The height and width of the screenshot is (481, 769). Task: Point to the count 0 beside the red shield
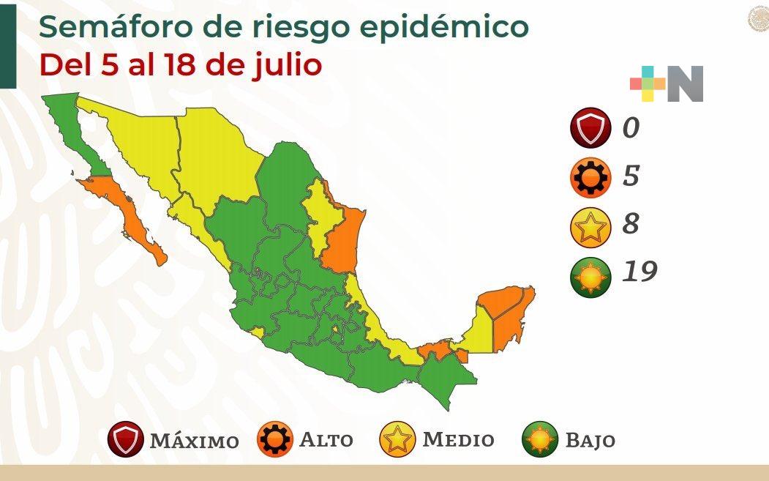(x=630, y=128)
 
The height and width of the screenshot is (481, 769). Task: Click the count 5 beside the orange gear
(x=630, y=176)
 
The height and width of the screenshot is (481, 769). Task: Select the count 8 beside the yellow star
(x=630, y=224)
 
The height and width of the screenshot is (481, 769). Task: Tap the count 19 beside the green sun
(x=639, y=272)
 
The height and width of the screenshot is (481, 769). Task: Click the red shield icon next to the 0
(x=590, y=128)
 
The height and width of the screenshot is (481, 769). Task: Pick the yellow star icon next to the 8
(x=590, y=226)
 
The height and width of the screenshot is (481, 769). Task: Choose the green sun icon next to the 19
(x=590, y=275)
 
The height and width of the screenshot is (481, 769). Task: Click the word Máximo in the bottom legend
(x=194, y=441)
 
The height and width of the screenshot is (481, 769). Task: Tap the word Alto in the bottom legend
(x=326, y=440)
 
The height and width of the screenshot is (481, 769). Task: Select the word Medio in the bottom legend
(x=458, y=440)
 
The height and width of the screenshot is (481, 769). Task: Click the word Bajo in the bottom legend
(x=590, y=441)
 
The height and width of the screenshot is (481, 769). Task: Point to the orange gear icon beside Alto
(x=274, y=440)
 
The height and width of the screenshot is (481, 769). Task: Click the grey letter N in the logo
(x=685, y=84)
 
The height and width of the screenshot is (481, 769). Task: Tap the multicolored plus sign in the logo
(x=648, y=84)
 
